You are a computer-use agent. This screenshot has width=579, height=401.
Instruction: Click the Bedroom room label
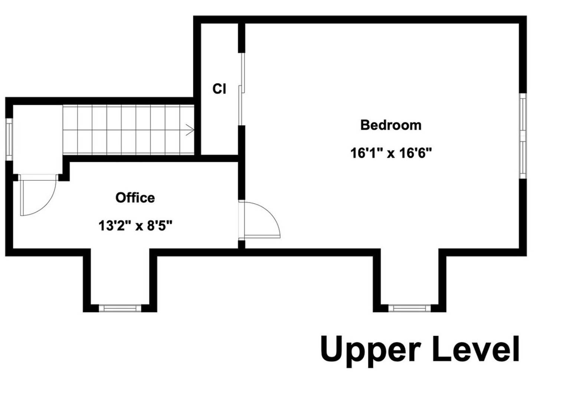click(391, 125)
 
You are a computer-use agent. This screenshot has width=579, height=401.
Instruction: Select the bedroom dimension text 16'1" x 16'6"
click(391, 153)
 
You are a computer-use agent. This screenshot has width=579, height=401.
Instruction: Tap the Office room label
click(135, 198)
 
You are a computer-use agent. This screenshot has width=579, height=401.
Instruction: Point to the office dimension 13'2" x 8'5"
click(135, 225)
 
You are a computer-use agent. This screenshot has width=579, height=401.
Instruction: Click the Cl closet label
click(219, 89)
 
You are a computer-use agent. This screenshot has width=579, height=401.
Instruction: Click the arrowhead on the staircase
click(190, 130)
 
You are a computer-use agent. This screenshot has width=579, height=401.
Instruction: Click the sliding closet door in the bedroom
click(242, 89)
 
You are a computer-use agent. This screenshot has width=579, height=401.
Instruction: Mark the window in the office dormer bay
click(120, 308)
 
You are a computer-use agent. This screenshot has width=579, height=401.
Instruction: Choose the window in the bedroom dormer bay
click(410, 308)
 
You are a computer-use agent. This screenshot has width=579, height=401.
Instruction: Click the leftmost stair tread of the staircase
click(70, 130)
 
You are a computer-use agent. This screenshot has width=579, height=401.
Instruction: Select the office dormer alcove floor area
click(120, 278)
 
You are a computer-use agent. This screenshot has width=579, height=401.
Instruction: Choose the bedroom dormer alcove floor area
click(410, 278)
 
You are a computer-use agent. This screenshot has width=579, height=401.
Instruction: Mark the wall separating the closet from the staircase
click(197, 126)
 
